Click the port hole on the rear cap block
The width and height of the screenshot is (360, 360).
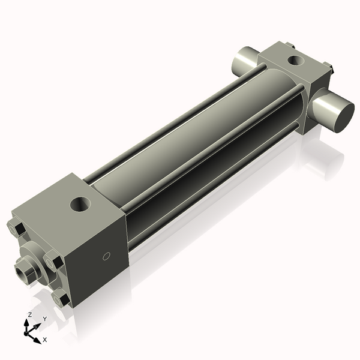(295, 60)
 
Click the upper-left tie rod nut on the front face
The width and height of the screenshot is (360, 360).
(16, 229)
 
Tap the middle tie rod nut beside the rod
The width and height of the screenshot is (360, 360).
(52, 262)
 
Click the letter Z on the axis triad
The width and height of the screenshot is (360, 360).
(30, 314)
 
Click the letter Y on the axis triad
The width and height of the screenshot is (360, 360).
(44, 319)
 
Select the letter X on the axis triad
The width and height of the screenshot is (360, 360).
(44, 340)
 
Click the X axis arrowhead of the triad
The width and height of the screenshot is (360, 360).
(38, 337)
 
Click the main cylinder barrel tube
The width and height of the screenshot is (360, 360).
(198, 138)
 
